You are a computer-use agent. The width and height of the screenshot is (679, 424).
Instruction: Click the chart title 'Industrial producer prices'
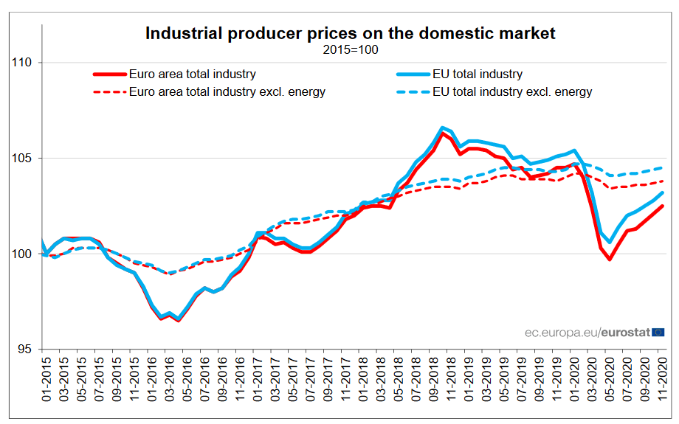tap(350, 33)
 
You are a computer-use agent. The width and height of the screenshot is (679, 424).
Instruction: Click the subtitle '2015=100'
tap(350, 50)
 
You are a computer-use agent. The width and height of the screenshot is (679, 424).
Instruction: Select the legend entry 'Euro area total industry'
tap(192, 74)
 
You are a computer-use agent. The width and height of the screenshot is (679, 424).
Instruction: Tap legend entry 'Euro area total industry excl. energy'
tap(227, 92)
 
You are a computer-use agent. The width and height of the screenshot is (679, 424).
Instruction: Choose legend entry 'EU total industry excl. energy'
tap(511, 92)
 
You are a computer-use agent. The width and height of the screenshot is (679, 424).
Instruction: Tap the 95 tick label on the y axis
tap(24, 350)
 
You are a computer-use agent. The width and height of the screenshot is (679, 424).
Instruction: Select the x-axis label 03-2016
tap(170, 377)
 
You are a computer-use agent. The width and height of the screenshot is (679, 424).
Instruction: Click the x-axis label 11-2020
tap(663, 377)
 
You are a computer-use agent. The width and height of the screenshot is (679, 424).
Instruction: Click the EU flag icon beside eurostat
tap(658, 333)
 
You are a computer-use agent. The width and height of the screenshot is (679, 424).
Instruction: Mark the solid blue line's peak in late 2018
tap(441, 128)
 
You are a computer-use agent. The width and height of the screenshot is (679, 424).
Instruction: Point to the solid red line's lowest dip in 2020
tap(610, 260)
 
